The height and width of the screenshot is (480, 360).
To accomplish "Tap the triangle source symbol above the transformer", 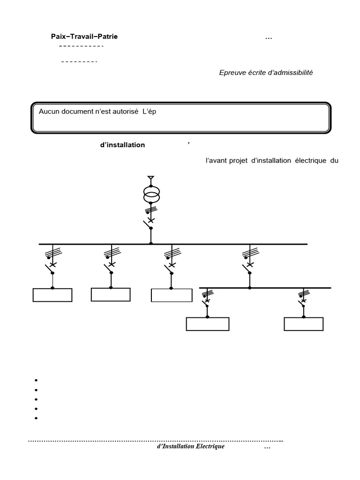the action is [x=150, y=178].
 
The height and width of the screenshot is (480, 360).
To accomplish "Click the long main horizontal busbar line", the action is [x=173, y=244].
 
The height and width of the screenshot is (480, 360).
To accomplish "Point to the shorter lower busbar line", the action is [x=265, y=288].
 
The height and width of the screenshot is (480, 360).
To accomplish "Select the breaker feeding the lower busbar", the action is [x=248, y=269].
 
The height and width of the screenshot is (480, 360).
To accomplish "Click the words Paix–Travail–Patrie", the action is [x=84, y=37].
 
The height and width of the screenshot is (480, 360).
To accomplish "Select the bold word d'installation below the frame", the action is [x=122, y=145].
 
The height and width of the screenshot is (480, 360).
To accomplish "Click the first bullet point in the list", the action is [x=36, y=380].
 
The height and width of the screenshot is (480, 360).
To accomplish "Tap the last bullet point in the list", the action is [x=36, y=418].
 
